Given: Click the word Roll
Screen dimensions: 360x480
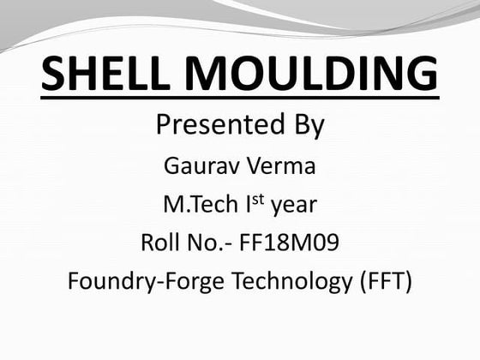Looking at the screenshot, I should (x=160, y=243).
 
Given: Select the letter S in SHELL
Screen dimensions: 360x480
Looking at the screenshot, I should (x=56, y=74).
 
